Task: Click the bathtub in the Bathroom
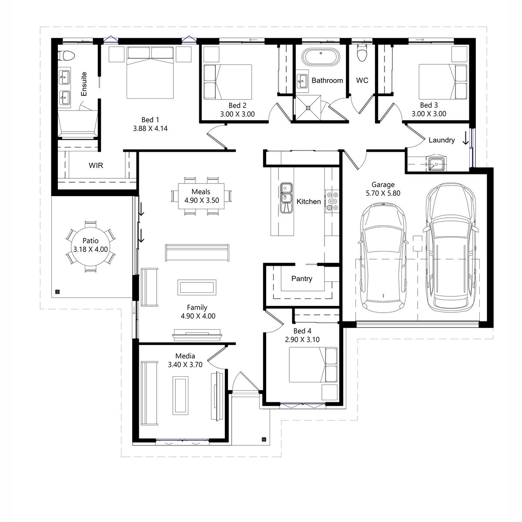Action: [x=321, y=57]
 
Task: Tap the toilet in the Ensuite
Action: [x=67, y=56]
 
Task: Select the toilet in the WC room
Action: [x=361, y=53]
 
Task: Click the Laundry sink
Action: [x=436, y=164]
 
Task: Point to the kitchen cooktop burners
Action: [x=332, y=201]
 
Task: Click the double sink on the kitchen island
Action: [x=286, y=198]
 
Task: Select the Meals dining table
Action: [x=201, y=196]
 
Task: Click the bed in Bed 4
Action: [x=313, y=365]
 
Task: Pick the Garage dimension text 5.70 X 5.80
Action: [x=383, y=193]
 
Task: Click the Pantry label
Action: [x=301, y=278]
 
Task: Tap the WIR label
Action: [x=96, y=165]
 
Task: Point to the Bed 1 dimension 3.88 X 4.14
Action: [x=150, y=128]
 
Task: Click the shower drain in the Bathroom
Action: [x=308, y=108]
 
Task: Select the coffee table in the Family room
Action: [x=197, y=287]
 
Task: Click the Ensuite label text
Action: [x=84, y=84]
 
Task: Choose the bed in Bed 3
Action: [x=443, y=81]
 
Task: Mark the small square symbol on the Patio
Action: [x=57, y=291]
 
